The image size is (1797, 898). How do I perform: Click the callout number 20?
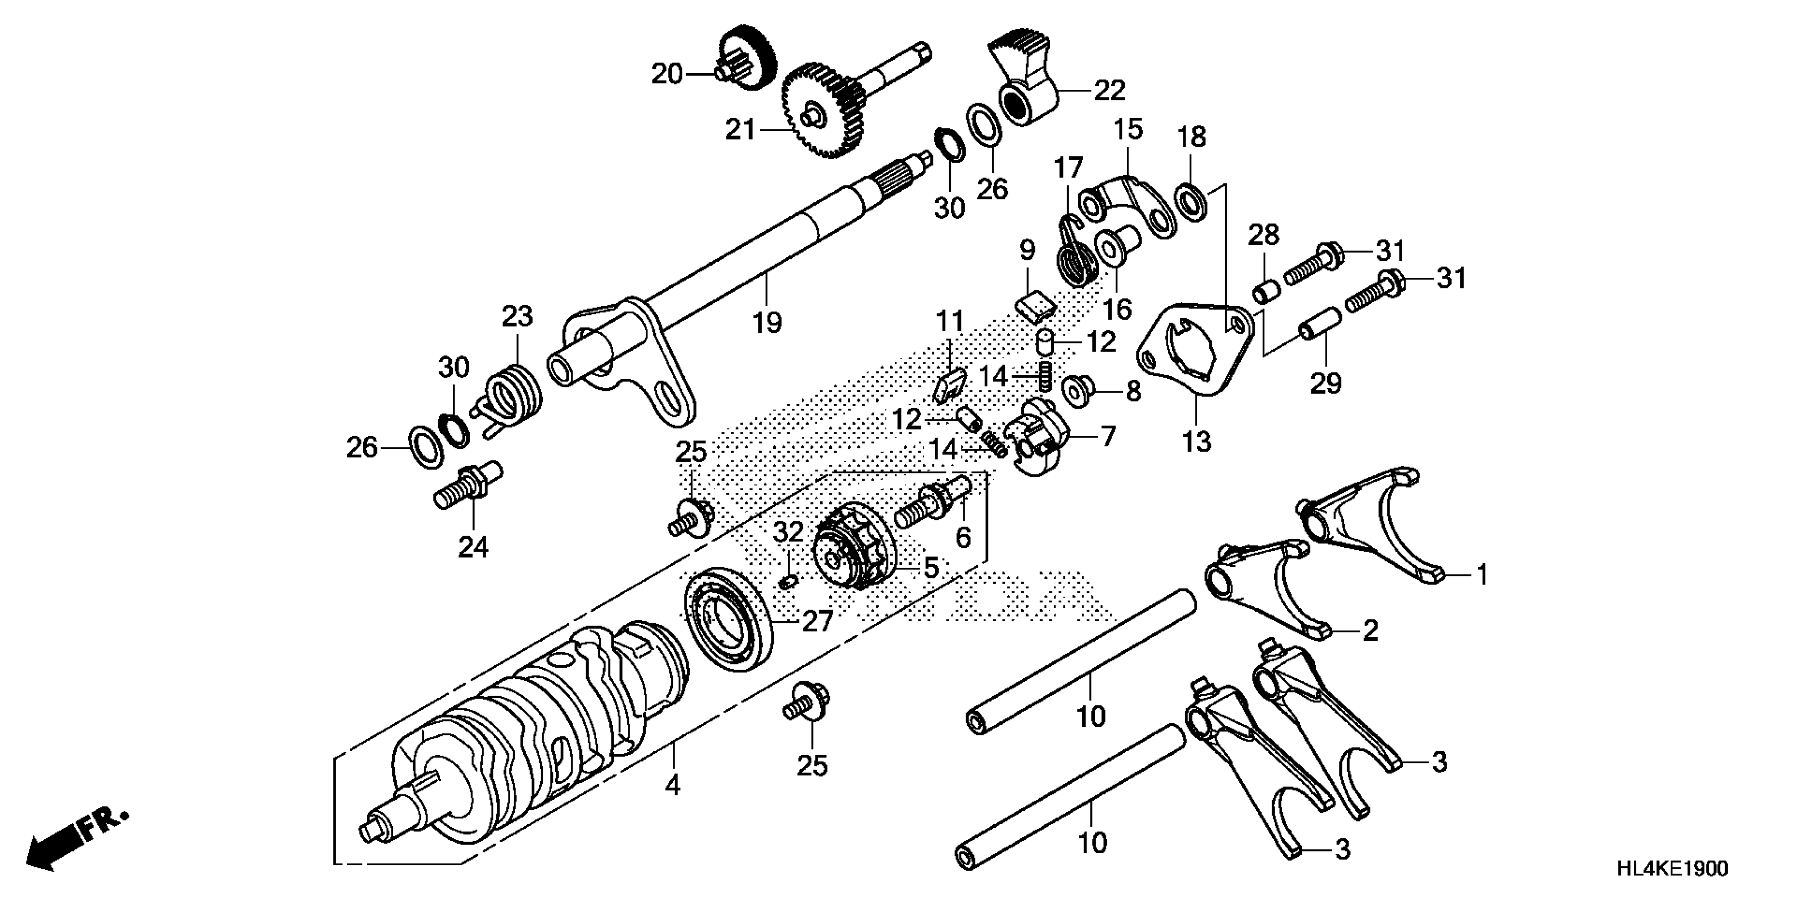(666, 73)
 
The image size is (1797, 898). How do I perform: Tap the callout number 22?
(1109, 91)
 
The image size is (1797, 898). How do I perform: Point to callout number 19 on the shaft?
(767, 322)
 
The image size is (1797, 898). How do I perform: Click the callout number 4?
(672, 785)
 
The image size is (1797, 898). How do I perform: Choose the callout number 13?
(1197, 441)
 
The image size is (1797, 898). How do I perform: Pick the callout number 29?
(1326, 383)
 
